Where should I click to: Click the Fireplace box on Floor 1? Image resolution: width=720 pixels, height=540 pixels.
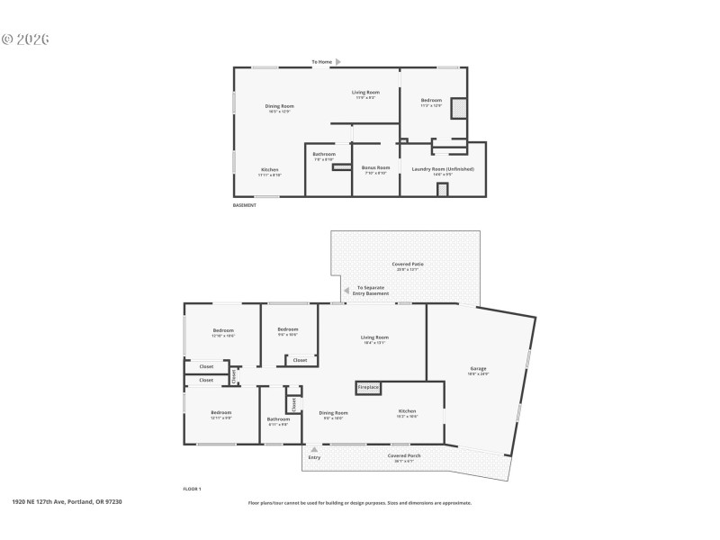pyautogui.click(x=368, y=387)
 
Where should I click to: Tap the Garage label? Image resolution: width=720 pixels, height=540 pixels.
pyautogui.click(x=478, y=369)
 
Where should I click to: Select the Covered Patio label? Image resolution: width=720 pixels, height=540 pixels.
pyautogui.click(x=408, y=265)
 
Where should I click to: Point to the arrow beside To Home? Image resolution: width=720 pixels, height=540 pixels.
pyautogui.click(x=338, y=62)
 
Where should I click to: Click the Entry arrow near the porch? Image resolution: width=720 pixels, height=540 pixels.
pyautogui.click(x=314, y=449)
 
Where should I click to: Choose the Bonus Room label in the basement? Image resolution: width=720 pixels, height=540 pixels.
pyautogui.click(x=375, y=168)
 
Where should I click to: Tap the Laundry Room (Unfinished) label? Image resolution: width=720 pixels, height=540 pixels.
pyautogui.click(x=443, y=168)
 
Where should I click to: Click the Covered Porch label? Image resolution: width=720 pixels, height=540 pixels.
pyautogui.click(x=404, y=455)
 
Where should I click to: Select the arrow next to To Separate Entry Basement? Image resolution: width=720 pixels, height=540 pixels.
pyautogui.click(x=345, y=291)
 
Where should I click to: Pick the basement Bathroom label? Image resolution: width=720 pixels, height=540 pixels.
pyautogui.click(x=324, y=154)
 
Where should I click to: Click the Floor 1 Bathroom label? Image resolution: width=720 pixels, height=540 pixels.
pyautogui.click(x=278, y=418)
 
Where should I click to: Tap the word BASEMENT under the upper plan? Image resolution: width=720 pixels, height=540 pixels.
pyautogui.click(x=245, y=205)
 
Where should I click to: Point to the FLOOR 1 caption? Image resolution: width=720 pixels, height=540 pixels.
pyautogui.click(x=192, y=489)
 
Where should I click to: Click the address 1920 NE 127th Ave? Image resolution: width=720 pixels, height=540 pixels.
pyautogui.click(x=67, y=501)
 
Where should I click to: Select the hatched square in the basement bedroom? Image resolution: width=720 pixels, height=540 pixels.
pyautogui.click(x=459, y=108)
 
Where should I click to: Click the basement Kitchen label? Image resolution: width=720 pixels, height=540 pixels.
pyautogui.click(x=270, y=169)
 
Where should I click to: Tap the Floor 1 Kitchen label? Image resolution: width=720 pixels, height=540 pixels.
pyautogui.click(x=408, y=411)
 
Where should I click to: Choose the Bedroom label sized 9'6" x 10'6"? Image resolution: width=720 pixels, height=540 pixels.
pyautogui.click(x=288, y=329)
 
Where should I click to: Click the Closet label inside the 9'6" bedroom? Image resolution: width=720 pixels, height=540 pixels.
pyautogui.click(x=300, y=360)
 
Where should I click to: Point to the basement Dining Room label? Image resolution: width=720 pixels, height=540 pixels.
pyautogui.click(x=279, y=106)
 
